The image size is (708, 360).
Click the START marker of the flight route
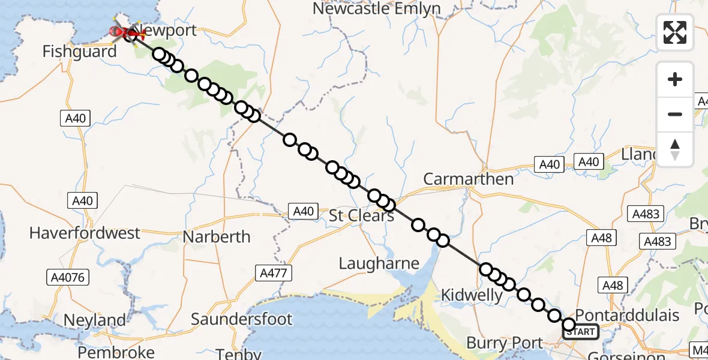click(580, 331)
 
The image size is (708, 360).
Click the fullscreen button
click(675, 32)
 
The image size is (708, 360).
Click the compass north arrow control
click(675, 149)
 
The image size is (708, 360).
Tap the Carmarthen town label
click(469, 179)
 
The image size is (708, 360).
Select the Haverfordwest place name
click(85, 233)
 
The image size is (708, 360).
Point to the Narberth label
click(217, 236)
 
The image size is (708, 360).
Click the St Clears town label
click(362, 215)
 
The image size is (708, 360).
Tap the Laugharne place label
click(379, 263)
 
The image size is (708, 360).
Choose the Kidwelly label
click(472, 295)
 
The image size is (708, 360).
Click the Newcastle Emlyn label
click(377, 9)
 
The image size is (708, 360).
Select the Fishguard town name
click(79, 52)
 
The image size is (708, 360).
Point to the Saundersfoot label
click(242, 319)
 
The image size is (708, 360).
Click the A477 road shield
click(274, 273)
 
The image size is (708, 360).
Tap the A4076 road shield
click(68, 277)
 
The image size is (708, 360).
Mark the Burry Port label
click(505, 344)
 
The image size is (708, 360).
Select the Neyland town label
click(95, 320)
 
